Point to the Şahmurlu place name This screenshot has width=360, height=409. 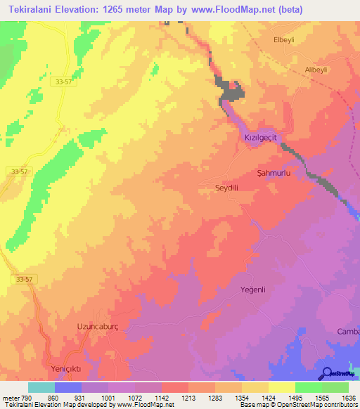(x=274, y=172)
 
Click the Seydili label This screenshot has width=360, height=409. (x=226, y=188)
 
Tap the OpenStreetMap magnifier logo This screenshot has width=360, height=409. (x=326, y=372)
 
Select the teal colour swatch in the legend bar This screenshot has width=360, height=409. (x=41, y=387)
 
